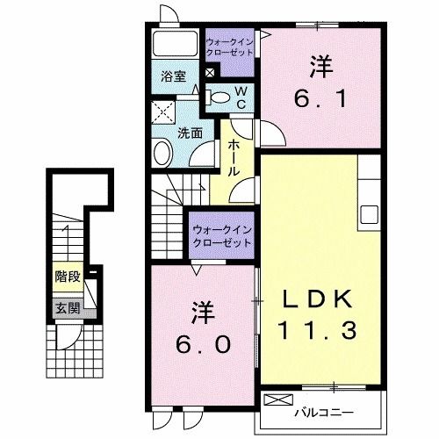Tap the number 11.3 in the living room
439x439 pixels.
(x=318, y=332)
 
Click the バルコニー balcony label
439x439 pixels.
(x=336, y=408)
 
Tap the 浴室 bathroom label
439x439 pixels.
(x=171, y=76)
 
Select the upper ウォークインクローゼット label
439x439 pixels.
(x=230, y=47)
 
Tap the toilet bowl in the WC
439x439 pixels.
(x=221, y=97)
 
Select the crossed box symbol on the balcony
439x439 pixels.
(x=276, y=401)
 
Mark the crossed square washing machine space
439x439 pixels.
(x=163, y=112)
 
